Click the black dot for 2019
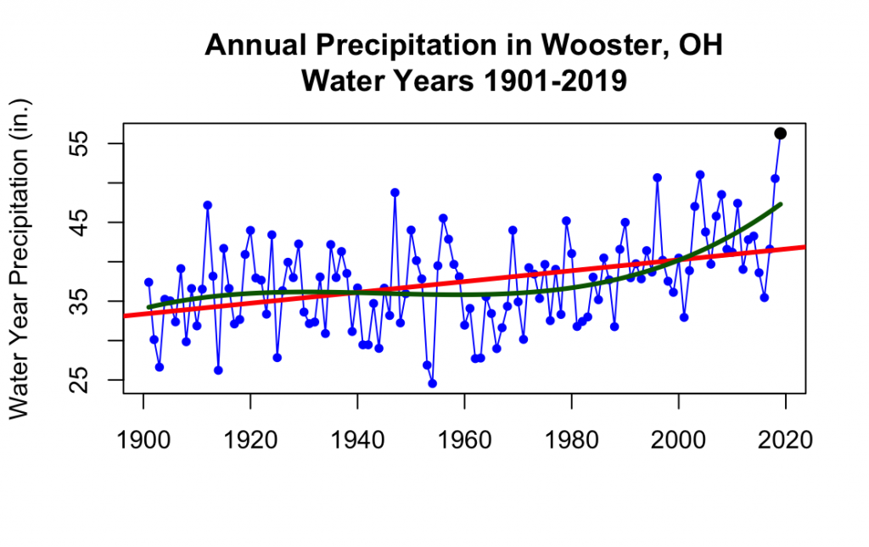pyautogui.click(x=780, y=133)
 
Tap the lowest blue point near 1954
pyautogui.click(x=432, y=383)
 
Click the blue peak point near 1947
pyautogui.click(x=395, y=193)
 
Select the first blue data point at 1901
pyautogui.click(x=149, y=282)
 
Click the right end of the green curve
pyautogui.click(x=780, y=204)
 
